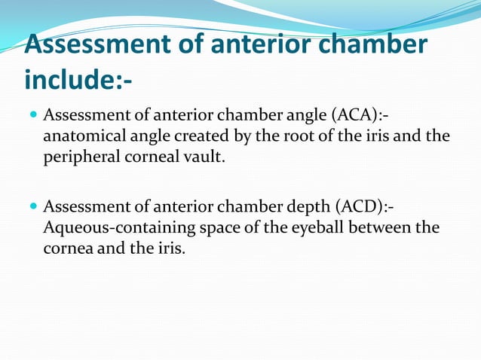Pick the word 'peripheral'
click(x=76, y=158)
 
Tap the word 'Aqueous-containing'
click(x=105, y=227)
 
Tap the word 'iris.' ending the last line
click(x=170, y=248)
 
